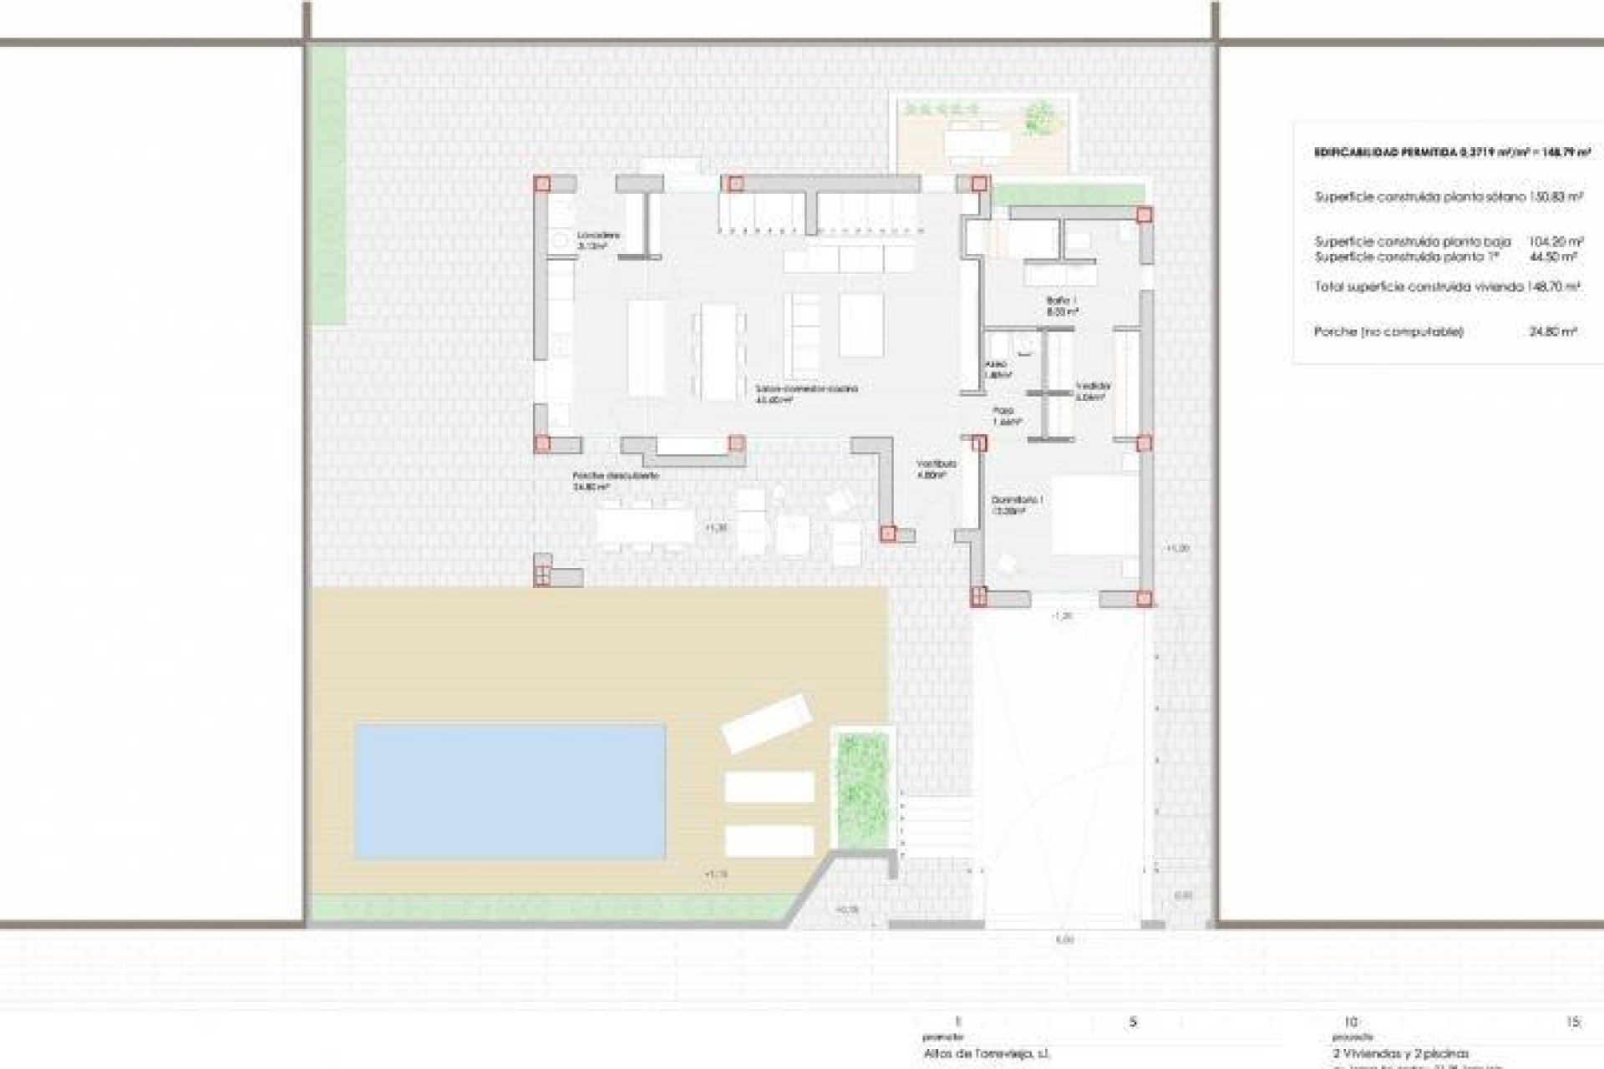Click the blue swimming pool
pyautogui.click(x=510, y=791)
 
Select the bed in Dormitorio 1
pyautogui.click(x=1094, y=515)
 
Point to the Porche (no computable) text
pyautogui.click(x=1388, y=332)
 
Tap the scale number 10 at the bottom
pyautogui.click(x=1351, y=1021)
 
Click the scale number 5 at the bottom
pyautogui.click(x=1133, y=1021)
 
